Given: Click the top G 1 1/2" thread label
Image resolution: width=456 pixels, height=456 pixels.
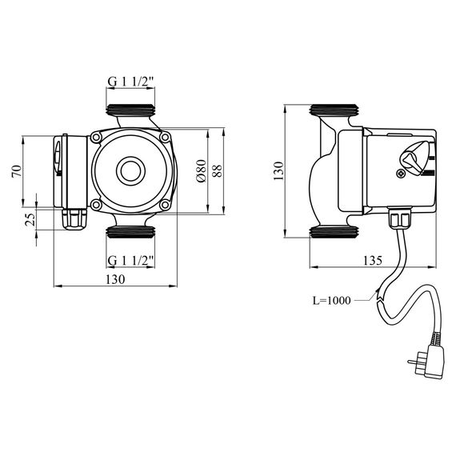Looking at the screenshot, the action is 130,82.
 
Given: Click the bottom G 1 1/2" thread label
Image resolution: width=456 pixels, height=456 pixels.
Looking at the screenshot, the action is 130,261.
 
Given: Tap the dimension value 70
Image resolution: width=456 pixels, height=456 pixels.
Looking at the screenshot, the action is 17,171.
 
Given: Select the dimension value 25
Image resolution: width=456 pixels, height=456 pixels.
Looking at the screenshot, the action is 30,219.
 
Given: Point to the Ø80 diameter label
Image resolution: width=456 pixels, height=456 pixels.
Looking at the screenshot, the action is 202,170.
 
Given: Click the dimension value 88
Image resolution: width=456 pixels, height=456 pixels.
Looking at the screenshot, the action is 218,170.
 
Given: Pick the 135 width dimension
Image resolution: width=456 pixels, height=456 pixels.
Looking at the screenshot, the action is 373,260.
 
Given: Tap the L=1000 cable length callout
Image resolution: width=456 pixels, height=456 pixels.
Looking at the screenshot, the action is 331,301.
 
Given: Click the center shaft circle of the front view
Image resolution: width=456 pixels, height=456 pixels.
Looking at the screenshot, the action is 130,171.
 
